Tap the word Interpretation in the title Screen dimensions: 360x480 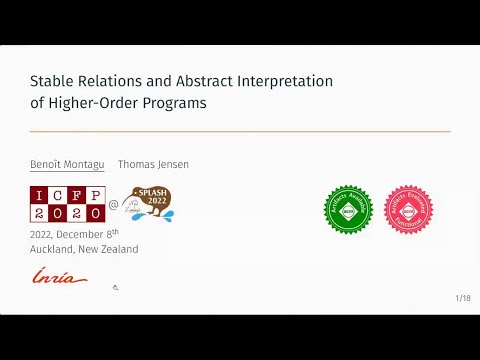tap(281, 81)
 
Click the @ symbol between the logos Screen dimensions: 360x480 tap(113, 205)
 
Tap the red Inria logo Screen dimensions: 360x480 tap(59, 276)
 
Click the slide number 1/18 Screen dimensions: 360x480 tap(462, 298)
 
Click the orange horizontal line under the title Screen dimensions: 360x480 tap(240, 131)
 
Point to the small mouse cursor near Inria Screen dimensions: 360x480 tap(116, 287)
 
